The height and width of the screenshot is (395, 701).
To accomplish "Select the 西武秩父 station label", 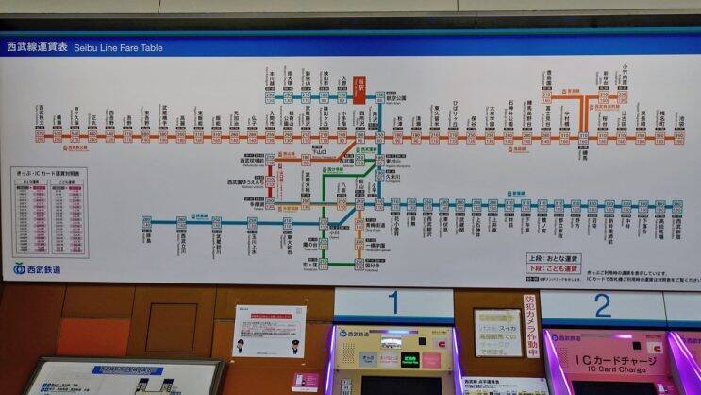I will (41, 121).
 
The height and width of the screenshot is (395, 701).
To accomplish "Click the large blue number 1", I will (393, 304).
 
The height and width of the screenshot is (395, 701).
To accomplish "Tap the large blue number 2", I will (602, 305).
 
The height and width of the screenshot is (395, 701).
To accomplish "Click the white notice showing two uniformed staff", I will (269, 331).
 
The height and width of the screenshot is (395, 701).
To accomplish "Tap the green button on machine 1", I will (409, 361).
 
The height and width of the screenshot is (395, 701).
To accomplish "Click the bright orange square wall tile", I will (93, 336).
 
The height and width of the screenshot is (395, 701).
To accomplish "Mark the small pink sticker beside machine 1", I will (305, 380).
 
